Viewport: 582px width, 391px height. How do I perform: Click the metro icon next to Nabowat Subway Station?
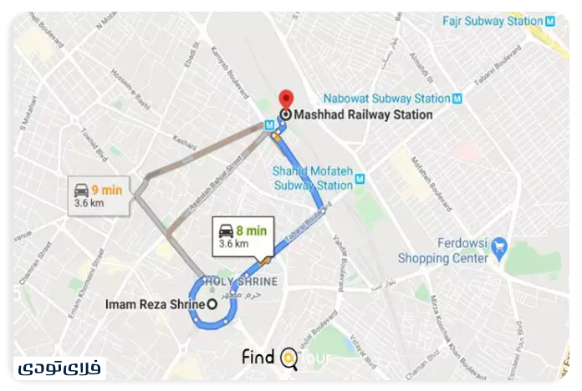point(457,99)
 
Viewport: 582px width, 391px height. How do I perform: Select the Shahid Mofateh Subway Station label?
point(313,178)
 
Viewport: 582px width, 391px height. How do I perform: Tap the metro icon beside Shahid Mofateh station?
point(360,178)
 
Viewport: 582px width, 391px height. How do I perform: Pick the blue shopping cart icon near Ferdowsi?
point(499,246)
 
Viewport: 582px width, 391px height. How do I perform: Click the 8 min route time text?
point(251,231)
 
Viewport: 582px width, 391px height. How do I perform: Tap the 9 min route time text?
point(107,190)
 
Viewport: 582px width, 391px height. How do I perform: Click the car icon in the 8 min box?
point(227,231)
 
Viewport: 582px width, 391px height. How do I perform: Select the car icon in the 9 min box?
point(81,190)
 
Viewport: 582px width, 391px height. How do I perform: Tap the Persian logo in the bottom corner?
point(59,368)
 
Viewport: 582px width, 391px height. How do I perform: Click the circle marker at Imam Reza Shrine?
point(212,304)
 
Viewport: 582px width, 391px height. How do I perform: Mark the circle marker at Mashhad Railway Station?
point(286,115)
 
